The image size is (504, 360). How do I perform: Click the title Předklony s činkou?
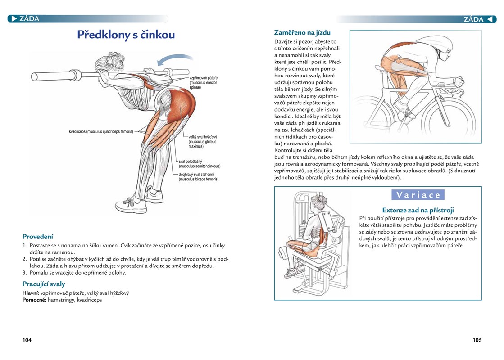click(126, 35)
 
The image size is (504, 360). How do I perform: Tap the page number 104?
click(27, 340)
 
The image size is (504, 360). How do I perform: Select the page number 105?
click(477, 340)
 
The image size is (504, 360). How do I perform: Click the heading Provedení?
click(37, 237)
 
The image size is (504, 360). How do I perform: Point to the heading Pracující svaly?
click(44, 284)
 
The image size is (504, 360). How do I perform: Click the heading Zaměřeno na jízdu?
click(302, 32)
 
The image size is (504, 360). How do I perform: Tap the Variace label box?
click(418, 194)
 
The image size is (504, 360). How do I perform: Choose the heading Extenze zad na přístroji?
click(418, 210)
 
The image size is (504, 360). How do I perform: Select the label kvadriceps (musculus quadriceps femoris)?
click(101, 132)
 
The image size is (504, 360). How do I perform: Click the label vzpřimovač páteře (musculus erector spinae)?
click(203, 82)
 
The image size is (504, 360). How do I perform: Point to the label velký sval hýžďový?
click(203, 137)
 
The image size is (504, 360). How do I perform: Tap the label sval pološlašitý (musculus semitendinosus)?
click(199, 164)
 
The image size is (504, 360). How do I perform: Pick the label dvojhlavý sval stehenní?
click(196, 175)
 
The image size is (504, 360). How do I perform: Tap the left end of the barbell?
click(34, 77)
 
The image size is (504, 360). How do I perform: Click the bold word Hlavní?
click(31, 293)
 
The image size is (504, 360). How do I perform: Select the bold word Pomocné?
click(34, 300)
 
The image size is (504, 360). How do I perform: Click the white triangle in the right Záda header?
click(489, 19)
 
